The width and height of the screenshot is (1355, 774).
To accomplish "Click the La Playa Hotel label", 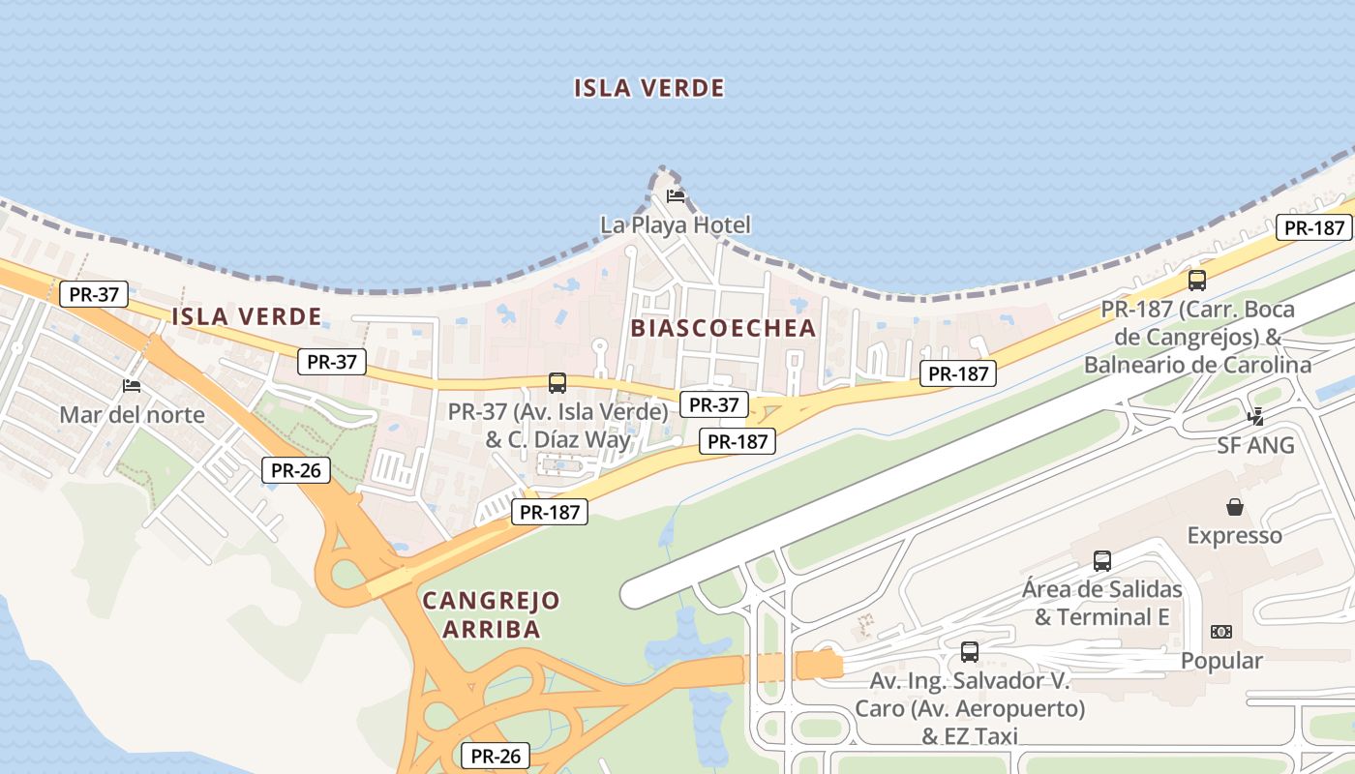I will coord(675,225).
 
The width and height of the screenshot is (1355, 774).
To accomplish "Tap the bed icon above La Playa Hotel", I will coord(676,196).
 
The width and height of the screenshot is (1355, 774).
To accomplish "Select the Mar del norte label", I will coord(133,415).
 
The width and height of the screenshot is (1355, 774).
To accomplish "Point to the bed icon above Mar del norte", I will coord(133,386).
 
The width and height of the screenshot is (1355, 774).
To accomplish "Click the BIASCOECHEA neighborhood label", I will coord(724,328).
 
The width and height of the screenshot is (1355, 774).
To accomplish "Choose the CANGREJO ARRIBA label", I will coord(491,614).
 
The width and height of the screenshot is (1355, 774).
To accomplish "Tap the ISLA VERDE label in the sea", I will coord(648,88).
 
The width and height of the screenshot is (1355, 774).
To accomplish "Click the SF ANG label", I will coord(1255,446).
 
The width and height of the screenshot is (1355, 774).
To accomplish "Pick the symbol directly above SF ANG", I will coord(1256,417).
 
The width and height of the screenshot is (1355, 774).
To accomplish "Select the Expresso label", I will coord(1234,535).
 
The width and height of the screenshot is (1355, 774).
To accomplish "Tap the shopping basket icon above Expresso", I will coord(1235,506).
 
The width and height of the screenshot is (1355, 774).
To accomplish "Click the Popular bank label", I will coord(1221,661).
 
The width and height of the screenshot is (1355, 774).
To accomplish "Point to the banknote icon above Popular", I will coord(1221,632).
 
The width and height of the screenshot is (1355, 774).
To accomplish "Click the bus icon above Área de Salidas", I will coord(1101,560).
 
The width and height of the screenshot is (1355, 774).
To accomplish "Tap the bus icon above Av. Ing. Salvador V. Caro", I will coord(969,652).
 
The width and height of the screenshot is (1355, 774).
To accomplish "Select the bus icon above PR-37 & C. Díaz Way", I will coord(557,383).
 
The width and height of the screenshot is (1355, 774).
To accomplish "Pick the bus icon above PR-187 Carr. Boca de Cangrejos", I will coord(1197,281).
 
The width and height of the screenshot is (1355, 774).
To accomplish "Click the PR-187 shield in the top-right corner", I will coord(1313,227).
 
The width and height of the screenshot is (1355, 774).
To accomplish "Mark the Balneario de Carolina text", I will coord(1197,365).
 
